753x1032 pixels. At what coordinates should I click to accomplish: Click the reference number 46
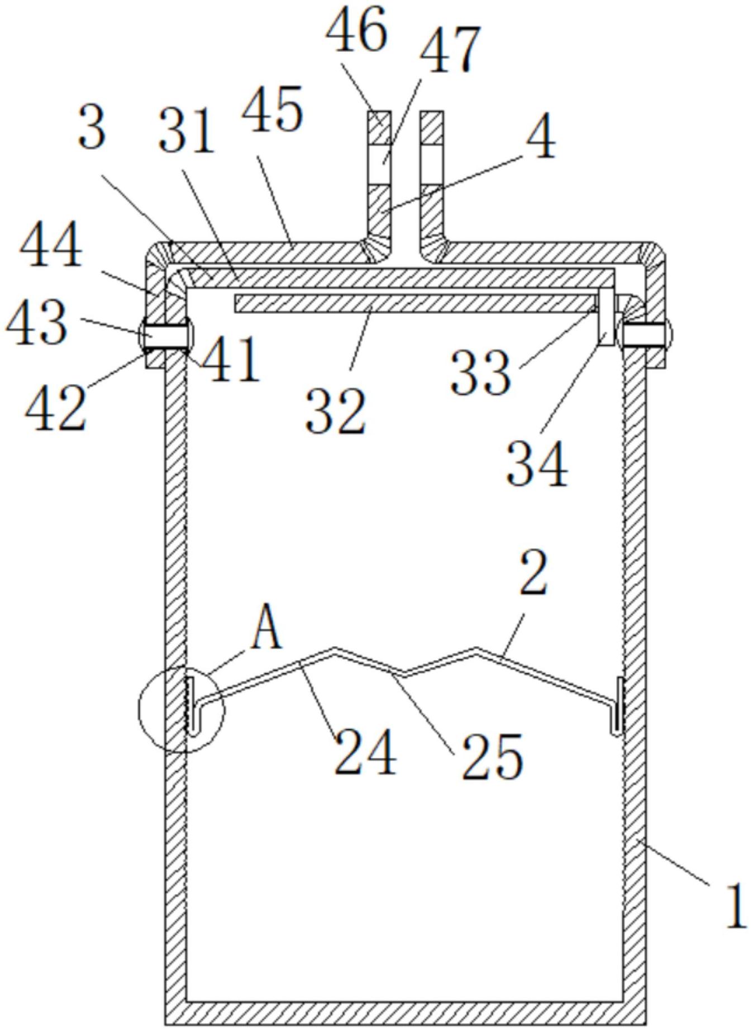click(356, 28)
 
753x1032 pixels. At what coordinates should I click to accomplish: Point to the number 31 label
click(187, 131)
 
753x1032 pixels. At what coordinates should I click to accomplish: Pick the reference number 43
click(37, 324)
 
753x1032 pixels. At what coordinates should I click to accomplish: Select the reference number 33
click(481, 373)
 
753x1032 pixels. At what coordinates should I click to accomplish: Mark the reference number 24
click(365, 752)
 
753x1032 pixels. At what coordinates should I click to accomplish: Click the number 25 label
click(492, 756)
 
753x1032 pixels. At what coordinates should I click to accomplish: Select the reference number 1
click(736, 905)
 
